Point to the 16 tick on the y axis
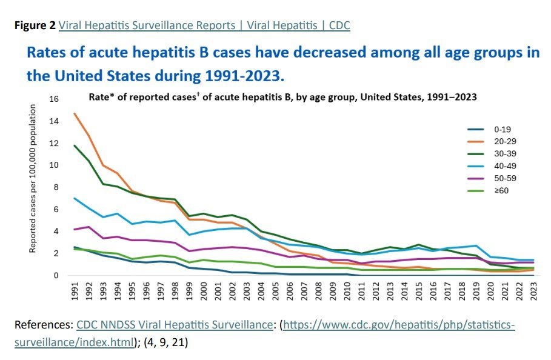(55, 99)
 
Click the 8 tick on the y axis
(56, 187)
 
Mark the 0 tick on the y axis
(56, 276)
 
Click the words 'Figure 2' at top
(35, 25)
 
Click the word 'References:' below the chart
(44, 325)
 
